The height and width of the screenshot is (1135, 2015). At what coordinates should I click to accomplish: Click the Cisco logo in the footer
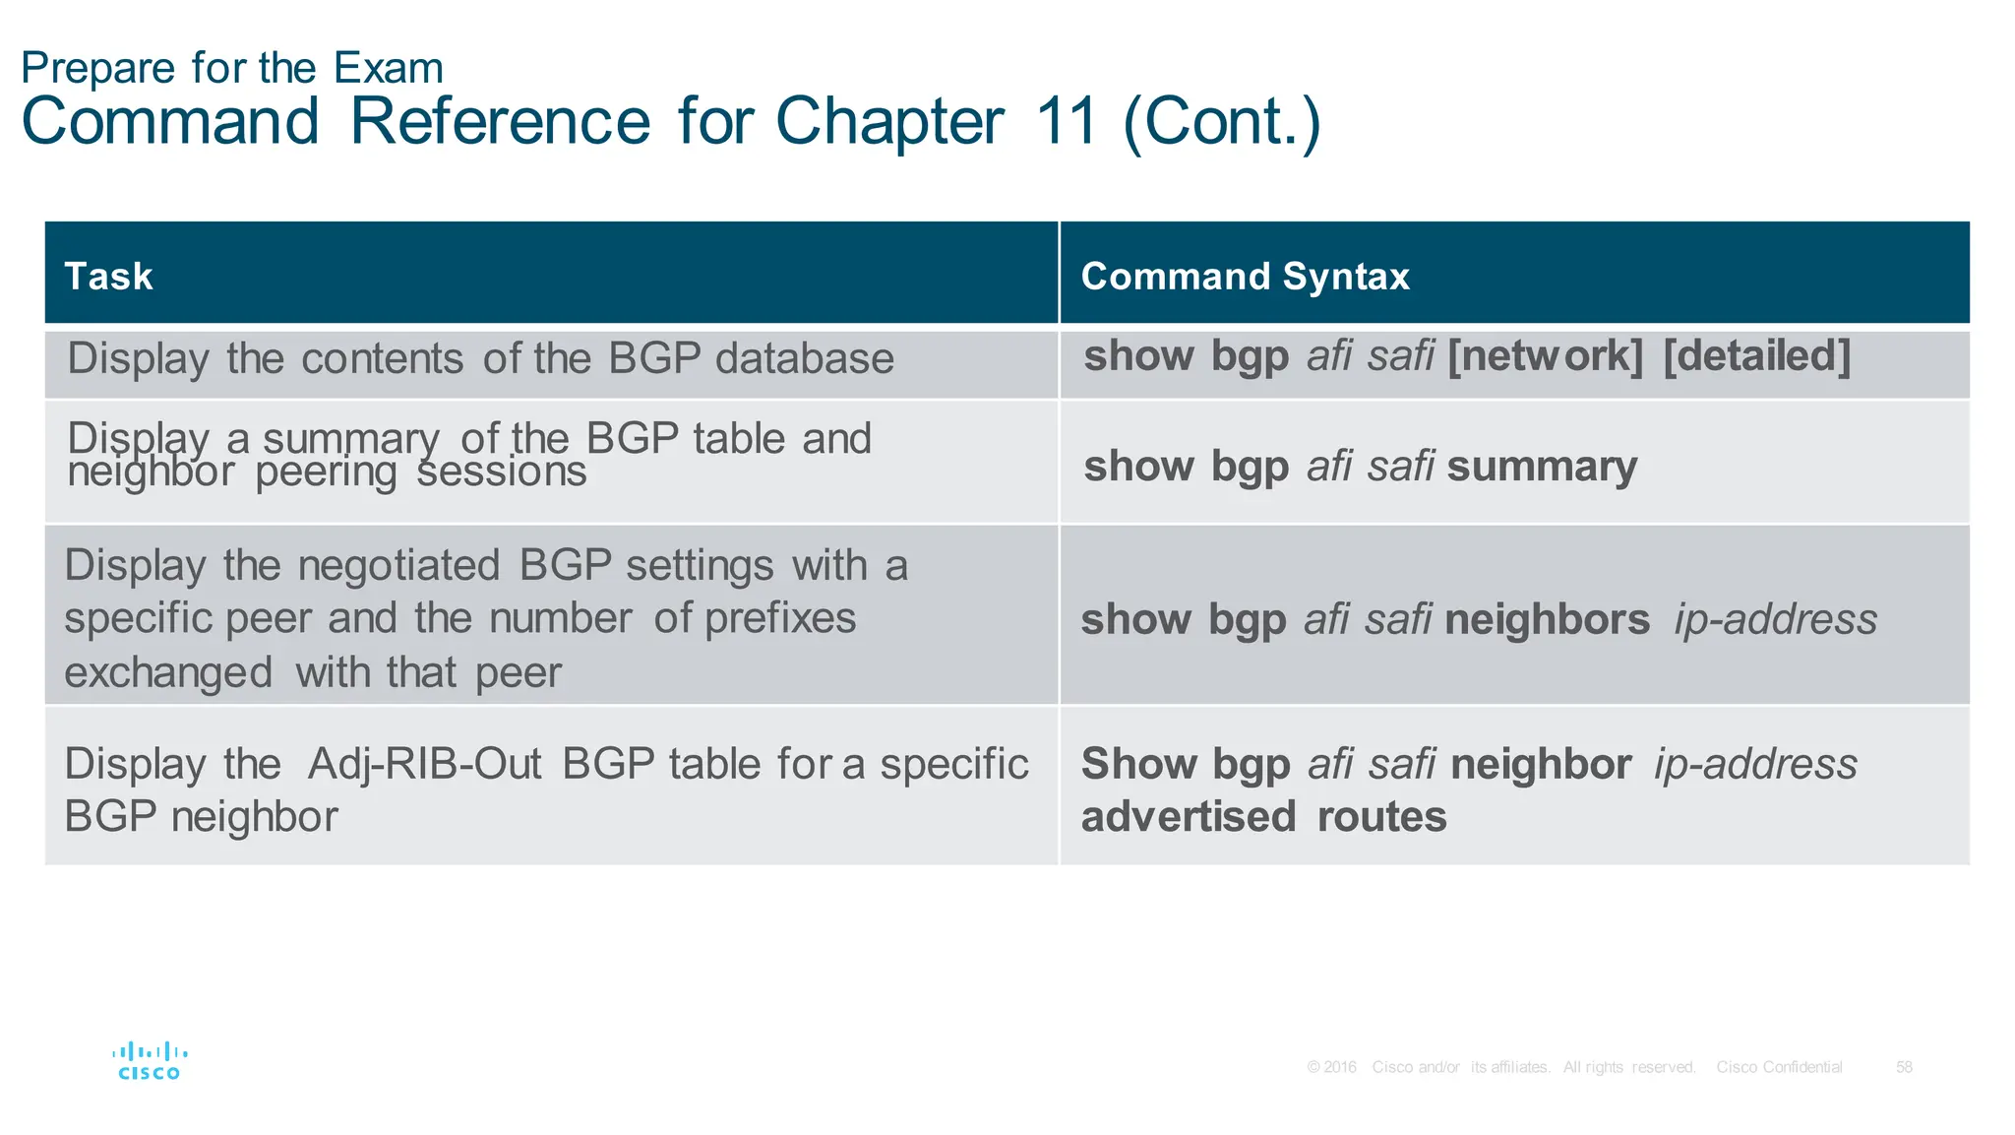tap(150, 1061)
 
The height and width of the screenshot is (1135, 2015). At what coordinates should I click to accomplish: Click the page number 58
tap(1904, 1067)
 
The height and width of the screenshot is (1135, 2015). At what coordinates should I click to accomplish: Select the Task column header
tap(108, 277)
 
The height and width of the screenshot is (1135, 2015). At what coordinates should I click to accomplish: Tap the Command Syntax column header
tap(1245, 277)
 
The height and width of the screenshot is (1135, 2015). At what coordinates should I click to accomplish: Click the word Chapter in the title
tap(889, 122)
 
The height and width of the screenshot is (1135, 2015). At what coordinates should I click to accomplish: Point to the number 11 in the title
tap(1066, 122)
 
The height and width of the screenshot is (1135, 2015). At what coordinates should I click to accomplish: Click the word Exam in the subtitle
tap(388, 68)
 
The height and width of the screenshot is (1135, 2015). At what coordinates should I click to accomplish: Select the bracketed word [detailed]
tap(1756, 356)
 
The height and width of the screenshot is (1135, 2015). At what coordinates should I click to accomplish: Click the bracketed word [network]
tap(1545, 356)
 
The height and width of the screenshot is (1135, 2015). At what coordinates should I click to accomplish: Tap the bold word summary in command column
tap(1542, 467)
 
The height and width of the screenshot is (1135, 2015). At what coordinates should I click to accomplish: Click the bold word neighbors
tap(1547, 620)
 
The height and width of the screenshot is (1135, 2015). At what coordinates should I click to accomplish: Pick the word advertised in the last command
tap(1188, 817)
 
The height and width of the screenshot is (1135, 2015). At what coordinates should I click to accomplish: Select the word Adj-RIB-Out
tap(424, 765)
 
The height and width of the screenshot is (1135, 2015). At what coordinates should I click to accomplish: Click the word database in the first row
tap(804, 358)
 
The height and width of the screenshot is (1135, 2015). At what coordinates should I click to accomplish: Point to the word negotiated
tap(398, 566)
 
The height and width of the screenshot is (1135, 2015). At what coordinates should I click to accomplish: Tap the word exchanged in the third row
tap(168, 673)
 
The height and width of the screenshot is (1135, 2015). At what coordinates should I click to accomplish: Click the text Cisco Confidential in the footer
tap(1779, 1067)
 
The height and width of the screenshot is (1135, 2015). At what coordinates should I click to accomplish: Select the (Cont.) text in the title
tap(1221, 122)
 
